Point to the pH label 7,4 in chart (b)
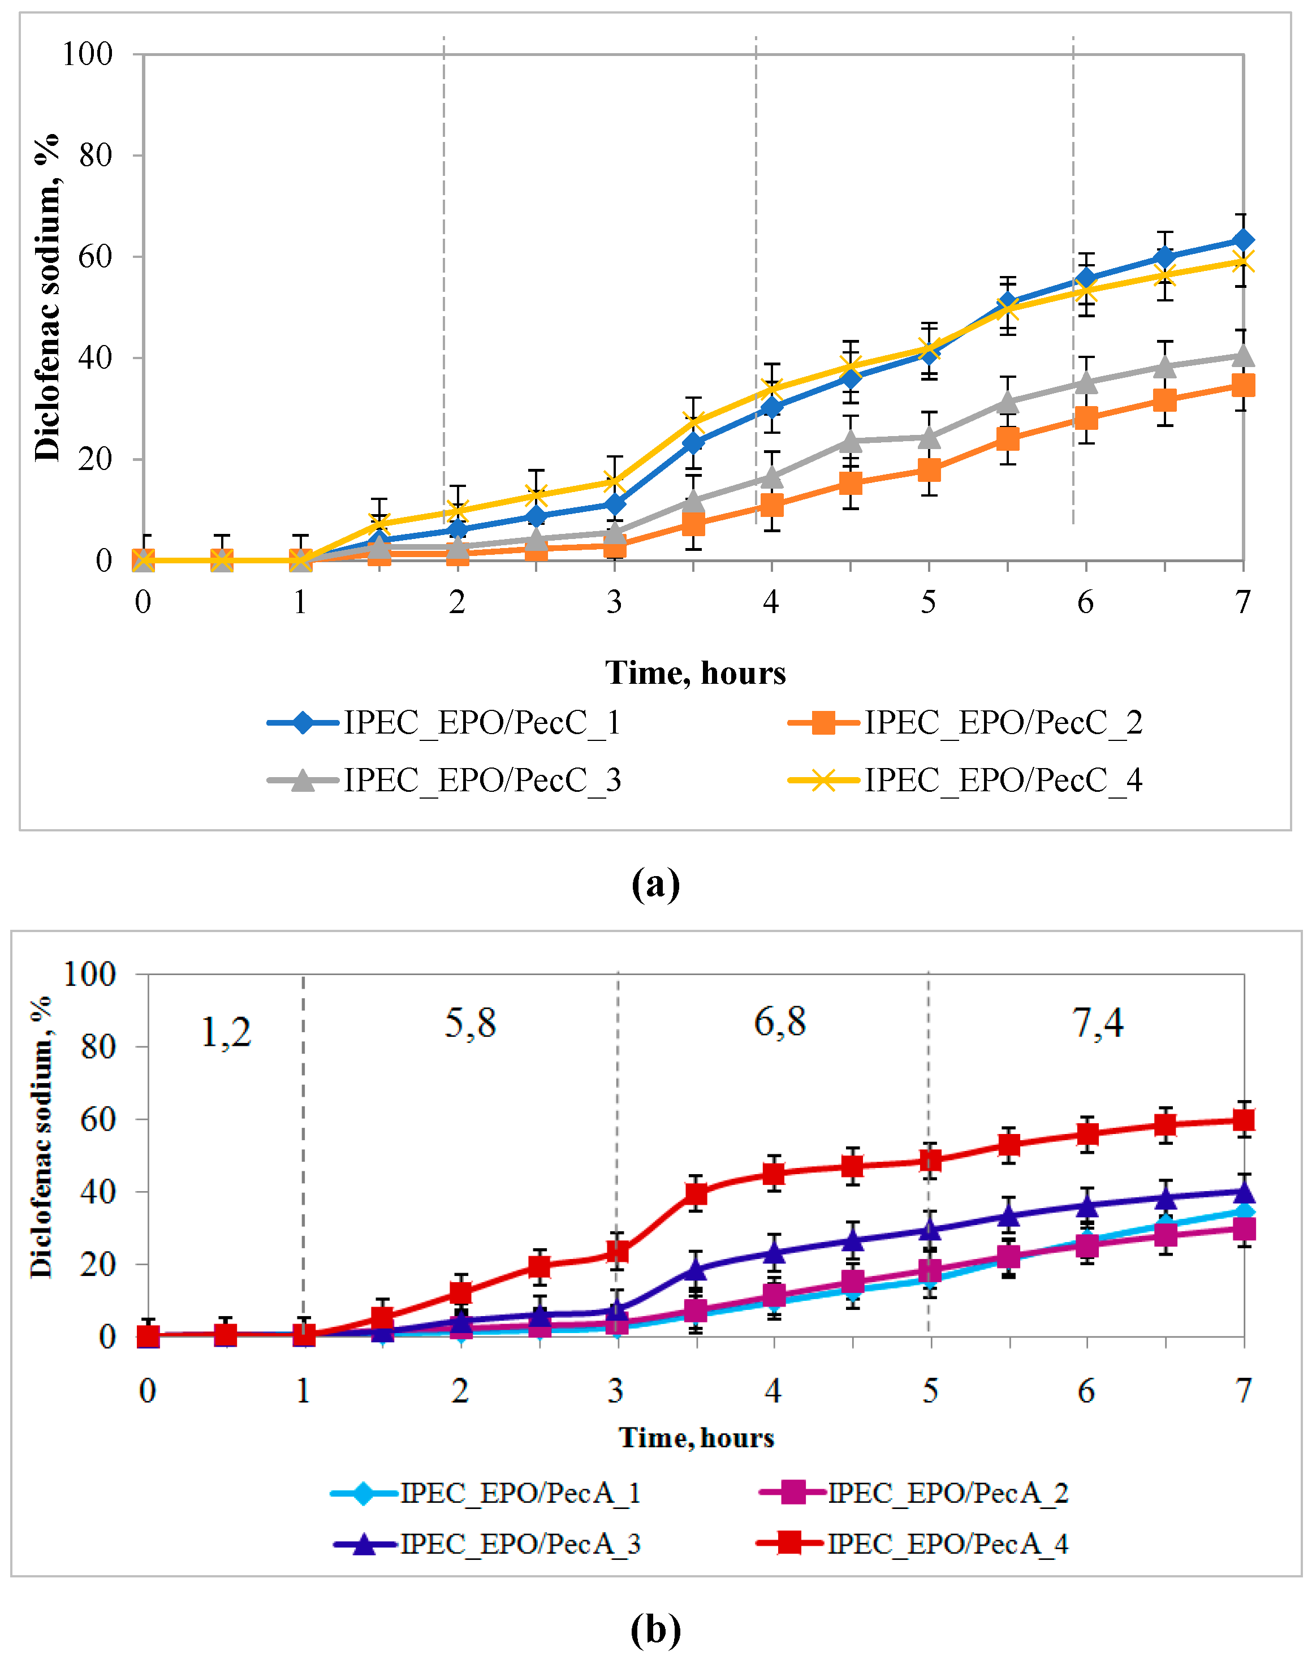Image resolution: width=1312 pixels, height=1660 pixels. (x=1098, y=1023)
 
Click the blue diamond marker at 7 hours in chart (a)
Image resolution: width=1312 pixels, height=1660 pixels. (x=1243, y=240)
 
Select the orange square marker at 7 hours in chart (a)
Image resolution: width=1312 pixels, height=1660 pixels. (x=1243, y=385)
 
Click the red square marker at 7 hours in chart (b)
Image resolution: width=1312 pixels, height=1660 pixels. (x=1244, y=1119)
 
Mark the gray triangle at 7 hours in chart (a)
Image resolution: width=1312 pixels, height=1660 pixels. (x=1243, y=356)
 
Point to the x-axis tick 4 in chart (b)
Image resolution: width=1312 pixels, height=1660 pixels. (x=772, y=1390)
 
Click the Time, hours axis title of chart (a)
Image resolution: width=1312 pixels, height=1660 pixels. (x=695, y=673)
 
